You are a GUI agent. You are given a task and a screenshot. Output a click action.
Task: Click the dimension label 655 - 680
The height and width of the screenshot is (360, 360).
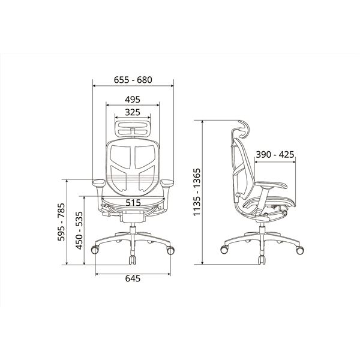133,80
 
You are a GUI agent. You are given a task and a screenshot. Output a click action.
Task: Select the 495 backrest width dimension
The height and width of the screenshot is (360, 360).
133,100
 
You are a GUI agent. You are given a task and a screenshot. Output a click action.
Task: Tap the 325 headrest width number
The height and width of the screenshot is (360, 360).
133,112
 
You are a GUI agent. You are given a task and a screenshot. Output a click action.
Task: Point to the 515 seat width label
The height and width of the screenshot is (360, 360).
133,203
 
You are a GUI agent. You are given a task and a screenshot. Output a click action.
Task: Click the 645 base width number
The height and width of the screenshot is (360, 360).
133,278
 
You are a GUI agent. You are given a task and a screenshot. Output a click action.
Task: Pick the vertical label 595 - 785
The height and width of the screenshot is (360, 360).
61,222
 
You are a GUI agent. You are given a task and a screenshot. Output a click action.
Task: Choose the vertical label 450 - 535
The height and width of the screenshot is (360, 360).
79,230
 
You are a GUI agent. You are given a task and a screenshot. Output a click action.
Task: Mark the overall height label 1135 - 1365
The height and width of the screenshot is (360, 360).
197,192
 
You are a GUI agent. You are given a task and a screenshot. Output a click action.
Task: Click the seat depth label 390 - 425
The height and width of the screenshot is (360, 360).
275,155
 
